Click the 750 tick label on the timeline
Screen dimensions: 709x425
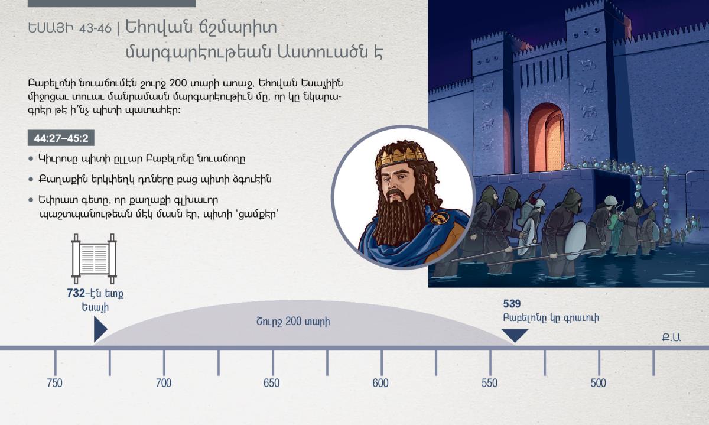(x=54, y=383)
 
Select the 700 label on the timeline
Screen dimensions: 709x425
(x=163, y=383)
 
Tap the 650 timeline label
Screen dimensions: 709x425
(x=272, y=383)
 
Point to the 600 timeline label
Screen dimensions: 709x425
(x=380, y=383)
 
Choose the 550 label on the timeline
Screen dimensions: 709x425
(x=490, y=383)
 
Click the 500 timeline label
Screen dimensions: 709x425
(x=598, y=383)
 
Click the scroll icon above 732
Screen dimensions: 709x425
(x=94, y=259)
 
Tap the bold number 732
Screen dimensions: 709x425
(x=76, y=293)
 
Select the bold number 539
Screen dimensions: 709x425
(x=512, y=304)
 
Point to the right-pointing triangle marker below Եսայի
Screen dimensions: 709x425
(x=100, y=329)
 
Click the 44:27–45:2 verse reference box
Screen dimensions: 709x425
(x=61, y=138)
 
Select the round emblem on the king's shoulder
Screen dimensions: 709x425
(x=440, y=218)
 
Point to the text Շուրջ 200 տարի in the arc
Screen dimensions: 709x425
(x=293, y=322)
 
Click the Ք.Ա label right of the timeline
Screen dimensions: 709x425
(x=671, y=338)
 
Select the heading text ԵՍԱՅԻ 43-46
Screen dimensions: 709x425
(x=70, y=28)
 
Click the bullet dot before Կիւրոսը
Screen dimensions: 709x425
(x=31, y=158)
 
